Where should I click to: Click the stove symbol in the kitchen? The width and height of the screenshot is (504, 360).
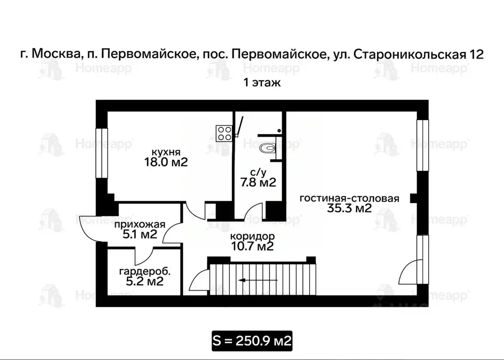tap(224, 132)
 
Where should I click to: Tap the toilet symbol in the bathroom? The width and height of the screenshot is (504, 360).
tap(269, 147)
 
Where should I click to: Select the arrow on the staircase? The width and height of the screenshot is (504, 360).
tap(252, 280)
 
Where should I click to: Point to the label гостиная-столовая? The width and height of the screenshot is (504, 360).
tap(349, 198)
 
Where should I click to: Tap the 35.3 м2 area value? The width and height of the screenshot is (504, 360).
tap(349, 209)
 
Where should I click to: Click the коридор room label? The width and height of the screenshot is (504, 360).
tap(252, 236)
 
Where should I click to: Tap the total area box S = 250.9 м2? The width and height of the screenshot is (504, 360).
tap(252, 340)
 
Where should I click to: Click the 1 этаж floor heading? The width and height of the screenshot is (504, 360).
tap(262, 83)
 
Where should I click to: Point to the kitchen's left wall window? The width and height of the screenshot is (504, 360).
tap(101, 153)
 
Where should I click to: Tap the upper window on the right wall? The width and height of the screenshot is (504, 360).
tap(422, 145)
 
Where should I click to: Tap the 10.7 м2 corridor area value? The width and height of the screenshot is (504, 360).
tap(252, 246)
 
